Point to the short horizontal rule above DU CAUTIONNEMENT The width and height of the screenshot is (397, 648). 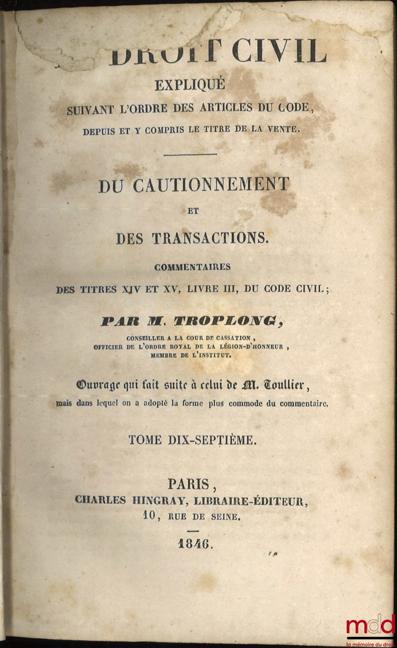click(x=190, y=154)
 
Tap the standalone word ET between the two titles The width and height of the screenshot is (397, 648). click(x=193, y=211)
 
